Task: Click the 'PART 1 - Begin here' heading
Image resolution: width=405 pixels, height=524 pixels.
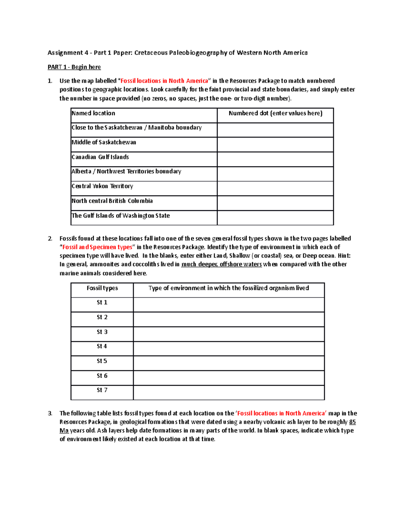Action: point(74,67)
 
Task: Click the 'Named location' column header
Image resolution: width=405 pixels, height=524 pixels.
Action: point(93,113)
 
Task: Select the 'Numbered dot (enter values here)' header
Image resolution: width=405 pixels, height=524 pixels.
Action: point(275,113)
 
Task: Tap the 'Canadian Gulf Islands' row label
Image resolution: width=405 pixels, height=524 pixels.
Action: point(100,157)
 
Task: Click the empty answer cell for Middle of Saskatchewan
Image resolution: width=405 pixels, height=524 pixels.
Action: point(275,144)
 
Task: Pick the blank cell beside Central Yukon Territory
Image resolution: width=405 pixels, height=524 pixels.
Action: point(275,188)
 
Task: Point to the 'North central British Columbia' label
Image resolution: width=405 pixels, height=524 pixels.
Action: point(112,201)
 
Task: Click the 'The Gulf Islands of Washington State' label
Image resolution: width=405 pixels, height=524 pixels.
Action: point(120,216)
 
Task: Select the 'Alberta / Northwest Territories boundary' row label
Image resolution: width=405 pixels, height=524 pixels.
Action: point(126,171)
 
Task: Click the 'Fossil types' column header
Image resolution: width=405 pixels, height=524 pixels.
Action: point(102,288)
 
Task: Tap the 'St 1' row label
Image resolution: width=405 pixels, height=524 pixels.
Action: point(102,302)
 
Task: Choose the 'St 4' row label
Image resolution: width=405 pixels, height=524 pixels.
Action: point(102,346)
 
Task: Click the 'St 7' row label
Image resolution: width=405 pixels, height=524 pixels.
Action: point(102,390)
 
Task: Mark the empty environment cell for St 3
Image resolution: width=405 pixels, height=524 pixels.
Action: point(229,334)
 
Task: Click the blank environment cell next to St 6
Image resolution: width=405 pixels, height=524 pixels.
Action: point(229,378)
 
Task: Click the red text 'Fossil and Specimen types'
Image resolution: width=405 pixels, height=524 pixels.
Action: point(97,247)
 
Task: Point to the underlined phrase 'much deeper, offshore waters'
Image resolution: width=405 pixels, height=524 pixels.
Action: point(221,264)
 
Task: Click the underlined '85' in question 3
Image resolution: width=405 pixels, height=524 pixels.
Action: point(352,422)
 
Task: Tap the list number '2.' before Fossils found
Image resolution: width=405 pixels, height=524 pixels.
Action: point(50,239)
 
